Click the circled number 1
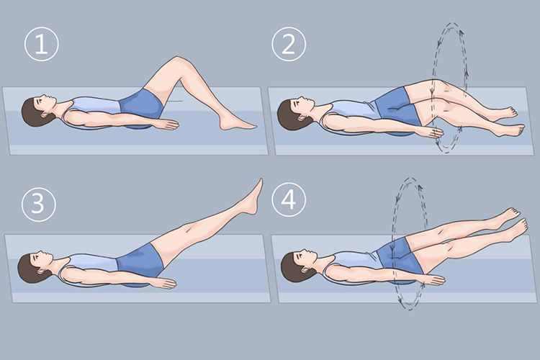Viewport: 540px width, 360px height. click(x=41, y=45)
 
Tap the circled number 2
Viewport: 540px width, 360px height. click(x=289, y=44)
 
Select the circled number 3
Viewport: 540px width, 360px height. click(x=38, y=204)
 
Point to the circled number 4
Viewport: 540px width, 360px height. click(x=289, y=200)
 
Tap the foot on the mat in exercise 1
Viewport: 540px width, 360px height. click(x=238, y=123)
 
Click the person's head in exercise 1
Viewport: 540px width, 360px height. click(x=37, y=110)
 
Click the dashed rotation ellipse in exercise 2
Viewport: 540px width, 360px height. click(x=433, y=86)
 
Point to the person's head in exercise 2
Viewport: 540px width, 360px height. click(x=294, y=113)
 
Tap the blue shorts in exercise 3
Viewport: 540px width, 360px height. click(x=140, y=261)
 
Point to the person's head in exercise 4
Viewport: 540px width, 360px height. click(x=298, y=266)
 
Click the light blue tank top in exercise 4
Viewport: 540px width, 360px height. click(x=355, y=264)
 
